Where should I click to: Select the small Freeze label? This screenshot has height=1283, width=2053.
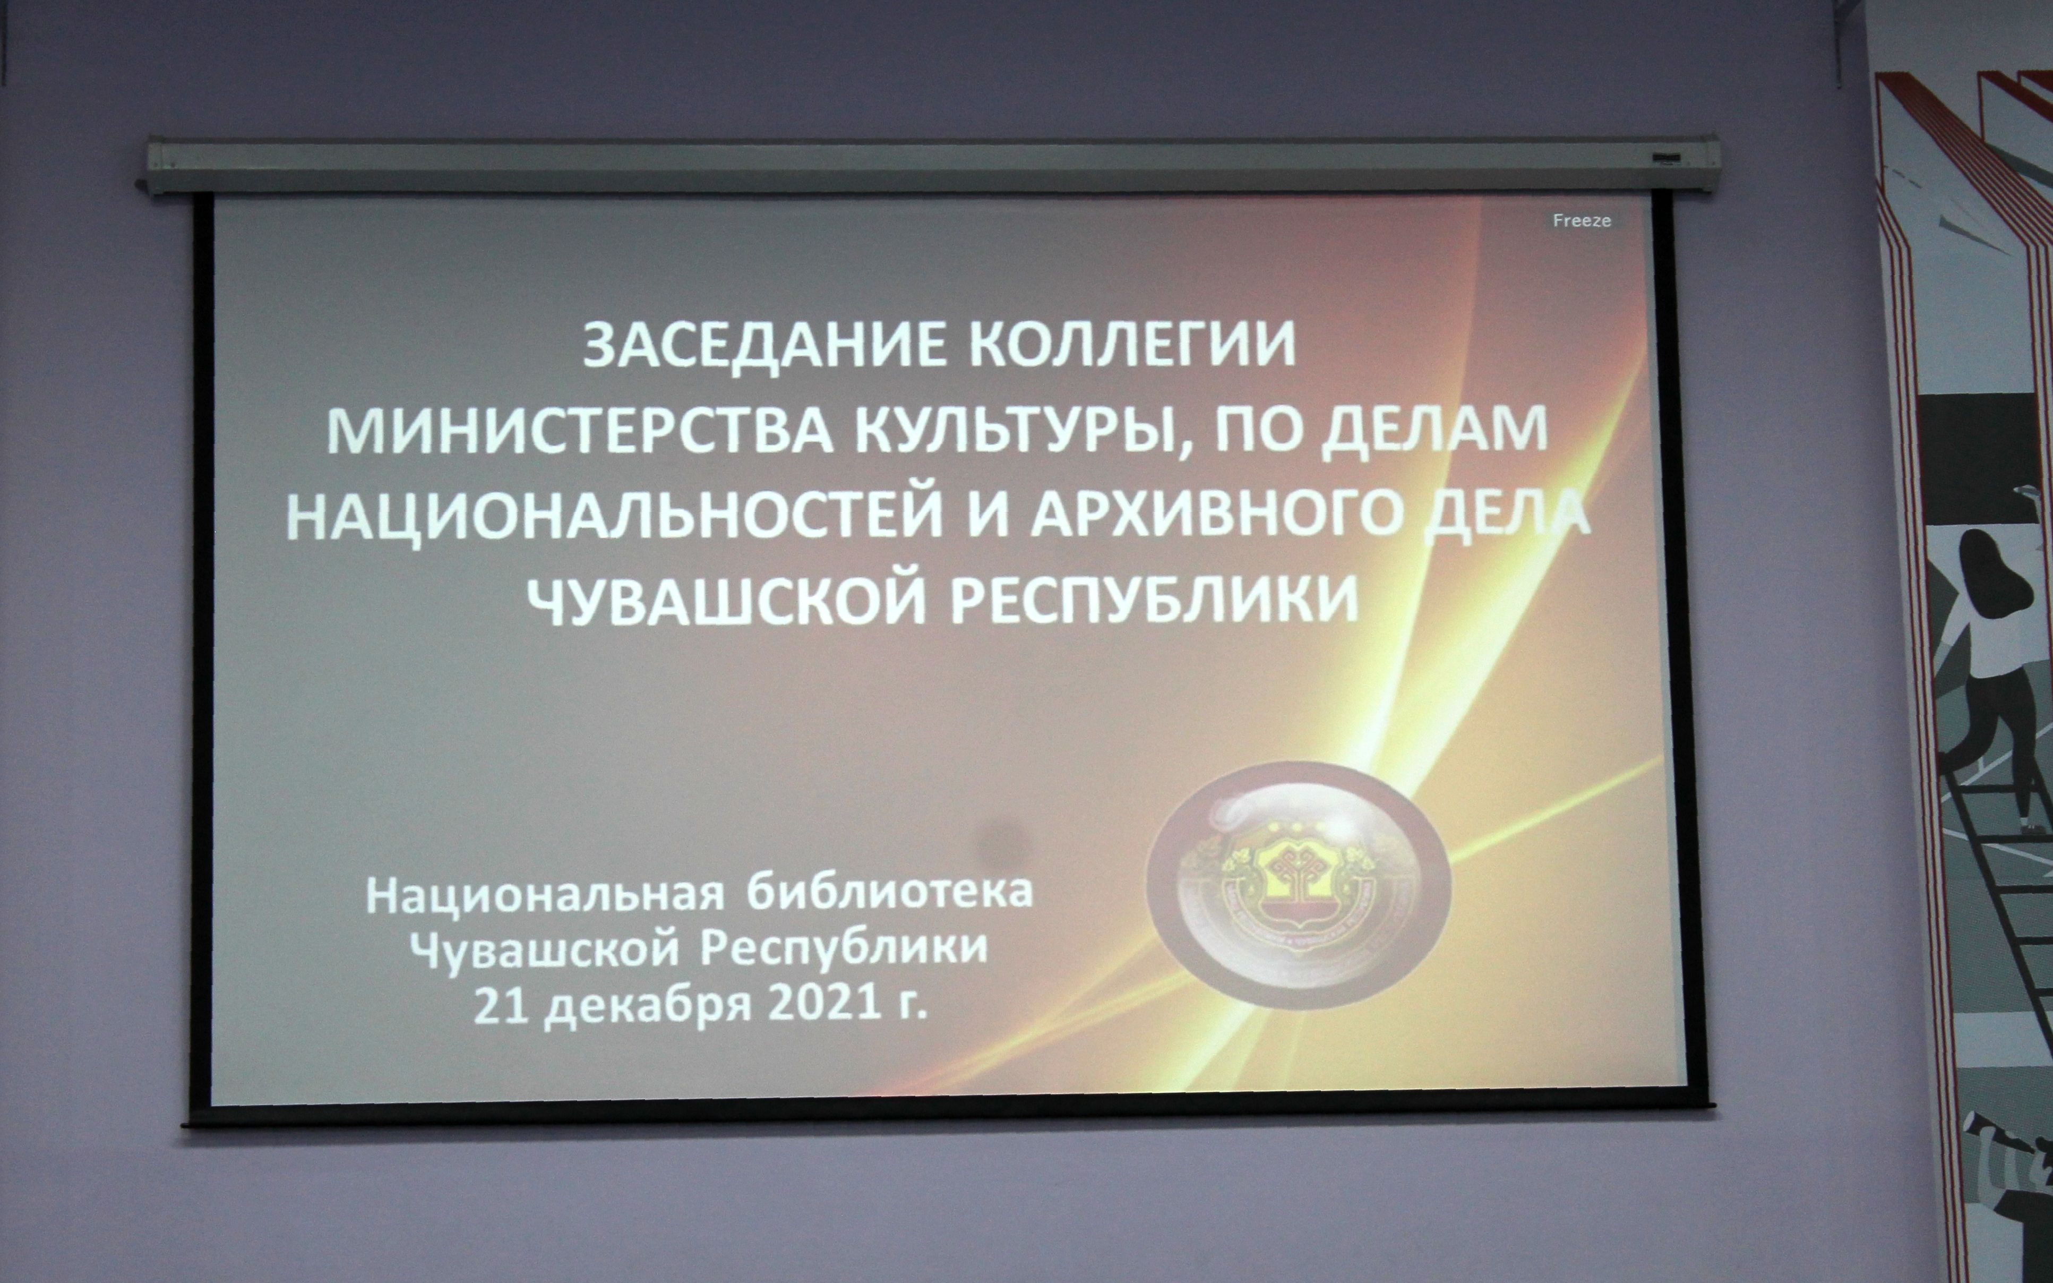click(1582, 220)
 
